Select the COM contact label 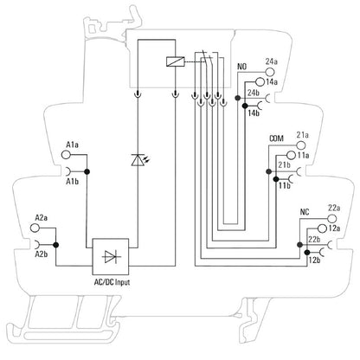[277, 138]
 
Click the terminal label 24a [272, 61]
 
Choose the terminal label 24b [254, 92]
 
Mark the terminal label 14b [254, 111]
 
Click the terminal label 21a [303, 134]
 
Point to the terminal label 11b [284, 184]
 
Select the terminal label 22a [309, 208]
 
